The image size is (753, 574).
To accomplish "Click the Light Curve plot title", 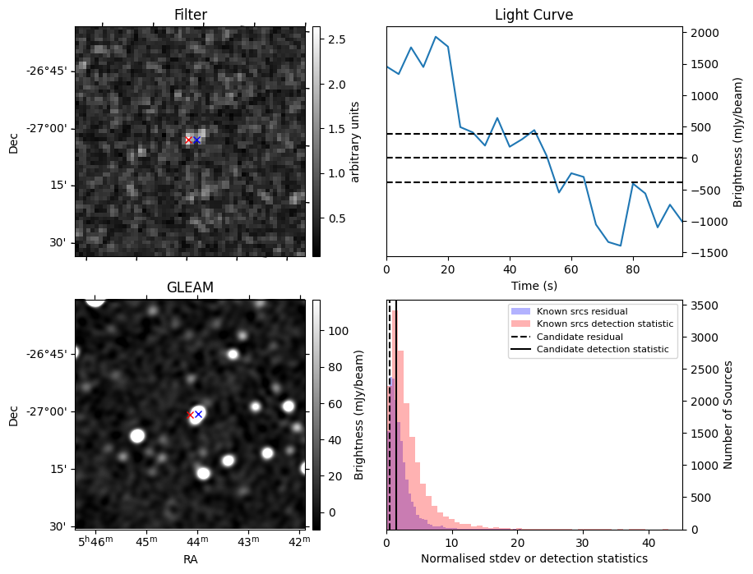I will pos(534,16).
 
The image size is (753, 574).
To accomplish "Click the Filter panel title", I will pos(191,16).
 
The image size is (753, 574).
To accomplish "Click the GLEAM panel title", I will pos(191,287).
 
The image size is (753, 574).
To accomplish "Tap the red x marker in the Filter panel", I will pos(188,140).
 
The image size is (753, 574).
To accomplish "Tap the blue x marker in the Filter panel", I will pos(196,140).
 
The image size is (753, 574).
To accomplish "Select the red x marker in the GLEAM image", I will pos(190,416).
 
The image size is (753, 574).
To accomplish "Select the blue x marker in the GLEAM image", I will pos(198,414).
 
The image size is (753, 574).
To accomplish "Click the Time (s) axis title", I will pos(534,285).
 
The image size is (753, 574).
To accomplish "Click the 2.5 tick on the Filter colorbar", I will pos(336,39).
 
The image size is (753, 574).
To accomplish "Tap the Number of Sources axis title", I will pos(728,415).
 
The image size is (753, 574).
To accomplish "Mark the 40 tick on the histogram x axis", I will pos(648,543).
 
